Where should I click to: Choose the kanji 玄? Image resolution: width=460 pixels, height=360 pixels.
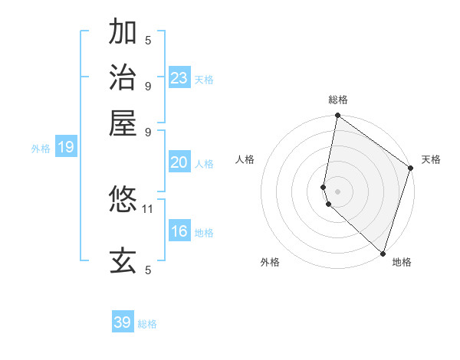[x=123, y=260]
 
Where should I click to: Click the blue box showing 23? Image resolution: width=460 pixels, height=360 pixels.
[x=179, y=78]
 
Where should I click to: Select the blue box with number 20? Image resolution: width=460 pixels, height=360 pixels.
[x=179, y=162]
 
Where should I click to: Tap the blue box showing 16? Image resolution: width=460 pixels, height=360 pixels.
[x=179, y=231]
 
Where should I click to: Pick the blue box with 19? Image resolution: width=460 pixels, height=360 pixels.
[x=66, y=148]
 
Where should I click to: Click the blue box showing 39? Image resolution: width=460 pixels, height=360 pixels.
[x=123, y=322]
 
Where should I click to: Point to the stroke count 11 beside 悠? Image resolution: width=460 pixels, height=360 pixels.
[x=148, y=208]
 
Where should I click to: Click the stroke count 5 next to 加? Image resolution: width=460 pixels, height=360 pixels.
[x=148, y=40]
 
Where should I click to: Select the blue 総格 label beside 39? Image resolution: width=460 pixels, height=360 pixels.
[x=147, y=324]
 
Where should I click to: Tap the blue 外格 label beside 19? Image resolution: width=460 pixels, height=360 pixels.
[x=40, y=149]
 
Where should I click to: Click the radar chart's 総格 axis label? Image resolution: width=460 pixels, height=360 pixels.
[x=337, y=100]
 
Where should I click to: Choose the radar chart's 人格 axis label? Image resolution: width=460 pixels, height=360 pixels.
[x=245, y=159]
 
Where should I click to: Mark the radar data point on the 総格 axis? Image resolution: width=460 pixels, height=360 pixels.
[x=337, y=116]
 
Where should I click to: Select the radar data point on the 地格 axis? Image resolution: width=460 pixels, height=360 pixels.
[x=383, y=253]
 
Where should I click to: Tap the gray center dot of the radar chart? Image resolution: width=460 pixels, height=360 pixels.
[x=337, y=191]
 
